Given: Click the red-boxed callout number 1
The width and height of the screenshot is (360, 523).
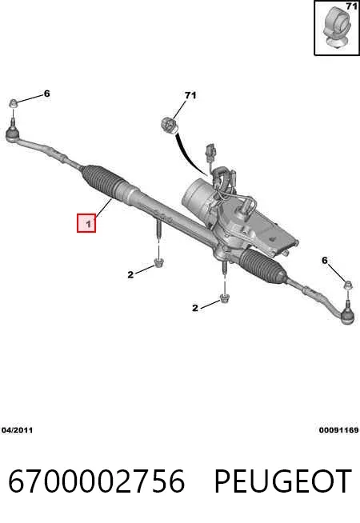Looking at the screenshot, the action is [89, 224].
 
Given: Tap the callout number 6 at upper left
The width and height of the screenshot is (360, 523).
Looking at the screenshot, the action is [46, 94].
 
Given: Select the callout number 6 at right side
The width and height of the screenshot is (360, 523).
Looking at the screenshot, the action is [325, 260].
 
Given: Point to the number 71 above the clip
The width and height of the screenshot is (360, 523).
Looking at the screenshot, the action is [190, 95].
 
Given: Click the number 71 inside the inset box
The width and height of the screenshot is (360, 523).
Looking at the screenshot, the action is [352, 6].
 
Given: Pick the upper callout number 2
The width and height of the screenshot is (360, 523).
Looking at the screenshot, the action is [130, 274].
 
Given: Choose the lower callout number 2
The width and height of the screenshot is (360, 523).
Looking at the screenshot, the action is [195, 308].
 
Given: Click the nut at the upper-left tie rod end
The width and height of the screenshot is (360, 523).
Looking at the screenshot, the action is [13, 103].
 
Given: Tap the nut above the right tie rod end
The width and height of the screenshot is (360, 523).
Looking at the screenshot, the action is [348, 285].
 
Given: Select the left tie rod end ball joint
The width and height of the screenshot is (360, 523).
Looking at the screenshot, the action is [13, 134].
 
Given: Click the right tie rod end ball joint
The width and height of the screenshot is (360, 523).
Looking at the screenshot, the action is [347, 315].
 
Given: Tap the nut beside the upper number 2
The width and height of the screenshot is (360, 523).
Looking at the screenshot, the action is [158, 262].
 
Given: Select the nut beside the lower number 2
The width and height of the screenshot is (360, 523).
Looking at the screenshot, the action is [224, 298].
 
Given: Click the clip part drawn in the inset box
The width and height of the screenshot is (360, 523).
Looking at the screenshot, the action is [336, 30].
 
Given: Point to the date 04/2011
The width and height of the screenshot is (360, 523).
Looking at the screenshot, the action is [18, 430].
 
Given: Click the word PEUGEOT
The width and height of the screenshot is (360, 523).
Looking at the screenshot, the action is [282, 481].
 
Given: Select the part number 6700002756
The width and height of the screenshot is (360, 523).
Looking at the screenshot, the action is [97, 481].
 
